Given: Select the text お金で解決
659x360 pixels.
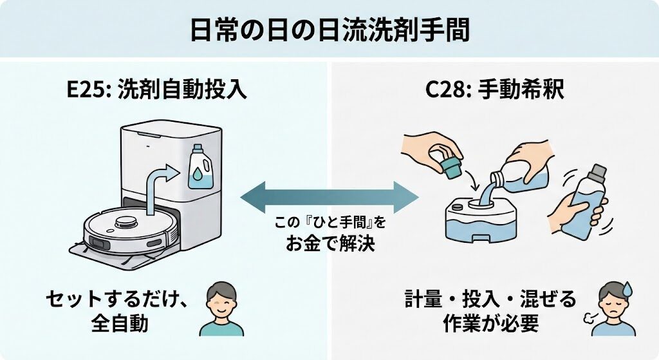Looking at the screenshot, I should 329,243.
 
